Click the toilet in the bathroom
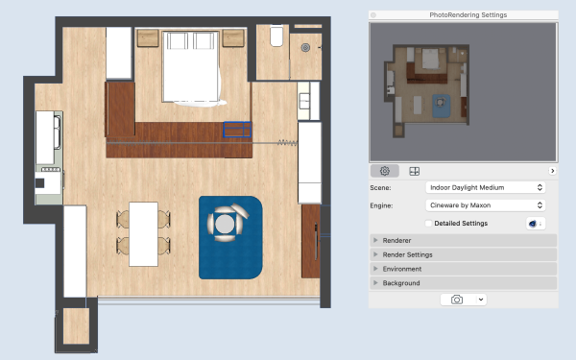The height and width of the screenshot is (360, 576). (x=276, y=36)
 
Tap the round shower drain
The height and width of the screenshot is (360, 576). (x=305, y=47)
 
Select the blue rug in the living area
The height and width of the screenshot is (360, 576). (x=230, y=237)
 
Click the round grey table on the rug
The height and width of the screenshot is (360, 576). (x=225, y=224)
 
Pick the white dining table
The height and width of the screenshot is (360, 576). (x=143, y=233)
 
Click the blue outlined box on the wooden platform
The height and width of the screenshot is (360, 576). (x=237, y=130)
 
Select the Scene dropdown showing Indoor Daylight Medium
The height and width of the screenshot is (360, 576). (x=485, y=187)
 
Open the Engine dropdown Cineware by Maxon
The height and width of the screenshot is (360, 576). (x=485, y=205)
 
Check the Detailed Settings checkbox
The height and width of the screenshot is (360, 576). (x=428, y=223)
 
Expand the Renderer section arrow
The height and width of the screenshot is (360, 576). (x=375, y=240)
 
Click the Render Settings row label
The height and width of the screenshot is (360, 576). (x=407, y=254)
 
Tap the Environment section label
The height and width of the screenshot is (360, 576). (x=402, y=269)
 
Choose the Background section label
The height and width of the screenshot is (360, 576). (x=401, y=283)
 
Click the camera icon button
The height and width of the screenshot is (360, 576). (x=457, y=300)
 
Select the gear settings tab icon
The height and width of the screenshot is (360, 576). (x=385, y=171)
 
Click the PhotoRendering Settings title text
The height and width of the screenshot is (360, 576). (x=468, y=14)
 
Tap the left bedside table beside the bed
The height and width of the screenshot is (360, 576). (x=148, y=38)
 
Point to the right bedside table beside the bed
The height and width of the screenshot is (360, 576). (x=233, y=38)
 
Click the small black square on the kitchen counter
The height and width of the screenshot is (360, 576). (x=39, y=182)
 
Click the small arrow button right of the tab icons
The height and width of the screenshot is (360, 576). (x=552, y=171)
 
